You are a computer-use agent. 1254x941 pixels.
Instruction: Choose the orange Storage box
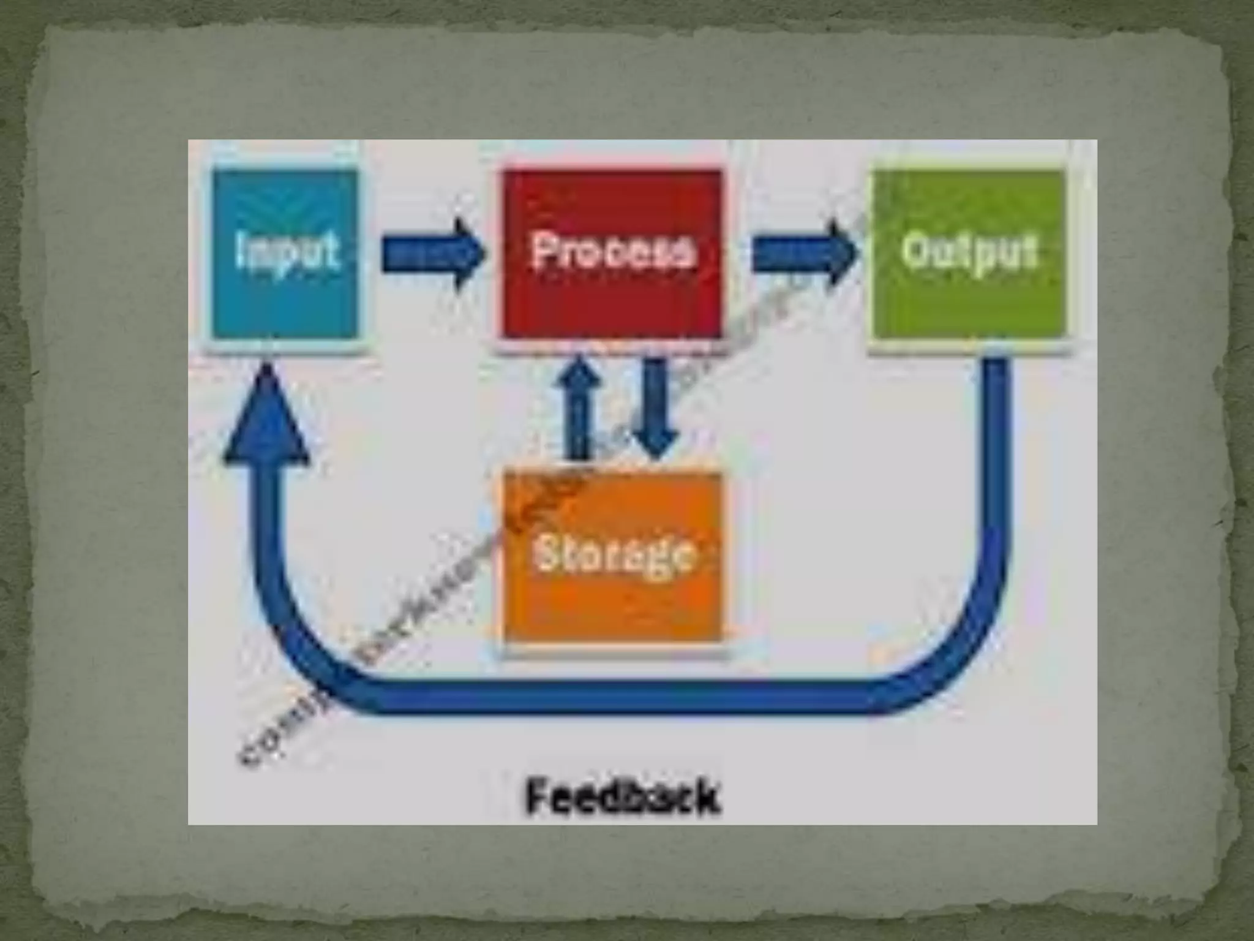click(612, 607)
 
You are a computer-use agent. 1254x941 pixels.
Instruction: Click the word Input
click(287, 250)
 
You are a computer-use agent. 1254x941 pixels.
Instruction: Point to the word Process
click(614, 251)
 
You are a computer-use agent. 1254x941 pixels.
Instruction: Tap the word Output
click(970, 251)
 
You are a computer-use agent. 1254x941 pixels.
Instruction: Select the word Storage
click(614, 555)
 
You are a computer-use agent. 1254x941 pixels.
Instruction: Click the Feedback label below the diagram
click(622, 797)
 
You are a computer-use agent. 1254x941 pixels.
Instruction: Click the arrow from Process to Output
click(802, 254)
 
